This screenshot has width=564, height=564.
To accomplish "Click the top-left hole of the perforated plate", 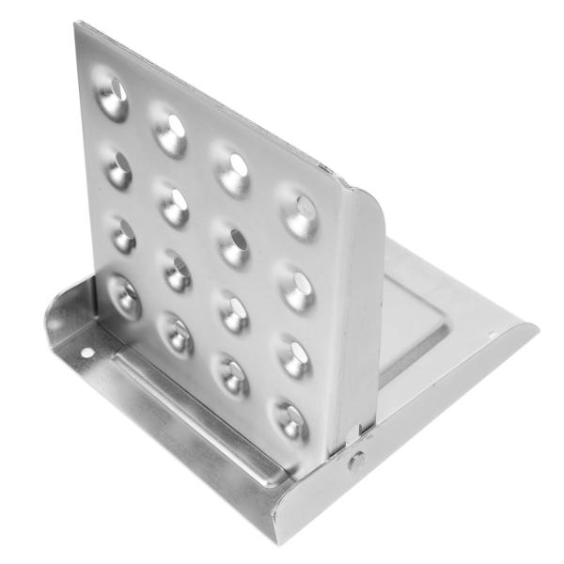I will (x=114, y=95).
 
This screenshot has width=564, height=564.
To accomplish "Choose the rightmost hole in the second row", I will (x=298, y=284).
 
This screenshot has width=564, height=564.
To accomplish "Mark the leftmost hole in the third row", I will (x=123, y=233).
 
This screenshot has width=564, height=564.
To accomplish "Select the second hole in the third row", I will (x=178, y=271).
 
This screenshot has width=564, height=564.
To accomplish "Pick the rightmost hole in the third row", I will (x=295, y=354).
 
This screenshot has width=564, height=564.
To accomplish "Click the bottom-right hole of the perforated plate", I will (x=291, y=419).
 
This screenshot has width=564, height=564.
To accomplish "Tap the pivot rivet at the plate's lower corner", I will (x=356, y=461).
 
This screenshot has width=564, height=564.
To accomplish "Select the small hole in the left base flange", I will (x=87, y=353).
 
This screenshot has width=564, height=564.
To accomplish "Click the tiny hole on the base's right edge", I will (x=491, y=335).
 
